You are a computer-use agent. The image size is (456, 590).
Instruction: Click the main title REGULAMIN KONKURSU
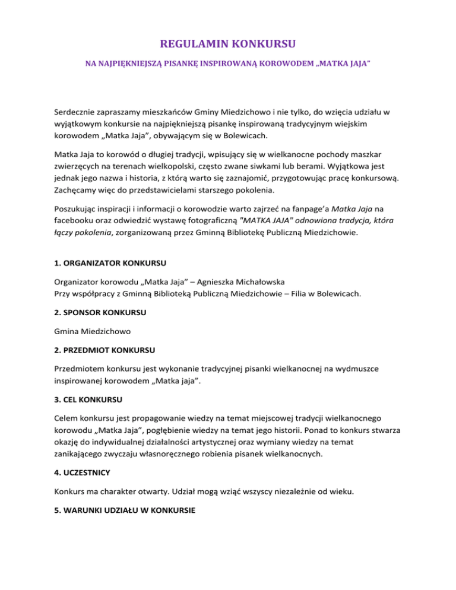(228, 43)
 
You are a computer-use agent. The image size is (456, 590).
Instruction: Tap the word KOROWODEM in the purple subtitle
(284, 62)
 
